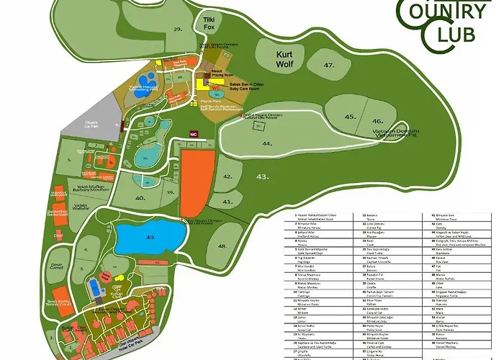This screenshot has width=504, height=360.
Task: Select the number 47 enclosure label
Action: pos(329,66)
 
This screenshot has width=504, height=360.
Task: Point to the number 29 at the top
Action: pos(178,29)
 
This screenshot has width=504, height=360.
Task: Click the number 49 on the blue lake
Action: pos(150,236)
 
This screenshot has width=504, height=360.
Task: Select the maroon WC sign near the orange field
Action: pos(193,133)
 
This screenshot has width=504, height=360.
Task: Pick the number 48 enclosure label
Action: pos(222,246)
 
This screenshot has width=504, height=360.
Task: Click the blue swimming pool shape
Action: pos(94,288)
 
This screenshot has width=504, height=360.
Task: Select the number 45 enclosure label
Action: pos(350,116)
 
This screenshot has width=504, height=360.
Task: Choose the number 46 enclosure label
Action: pos(378,121)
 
